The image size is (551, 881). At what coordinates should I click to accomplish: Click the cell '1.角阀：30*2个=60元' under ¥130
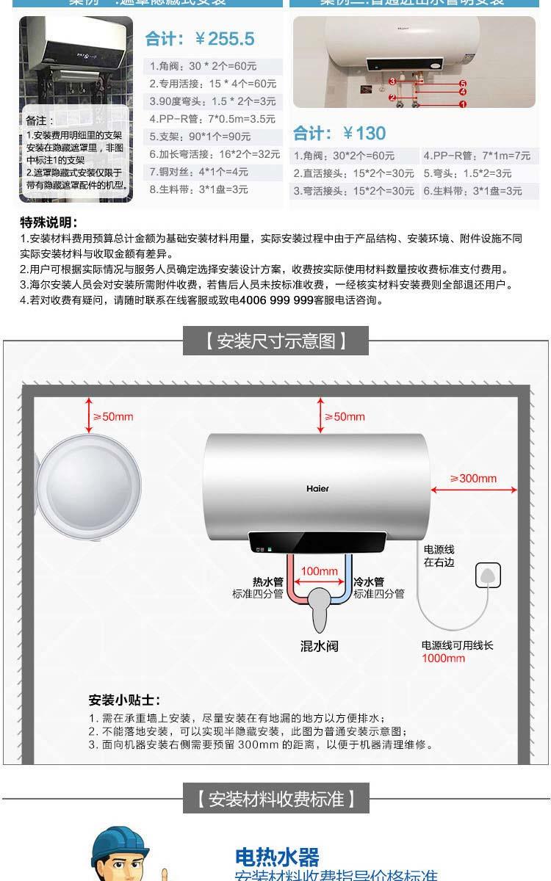pyautogui.click(x=344, y=156)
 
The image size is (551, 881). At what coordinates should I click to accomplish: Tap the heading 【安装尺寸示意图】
pyautogui.click(x=275, y=341)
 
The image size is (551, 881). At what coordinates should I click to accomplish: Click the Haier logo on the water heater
pyautogui.click(x=317, y=489)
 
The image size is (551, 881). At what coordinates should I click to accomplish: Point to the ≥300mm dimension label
pyautogui.click(x=473, y=479)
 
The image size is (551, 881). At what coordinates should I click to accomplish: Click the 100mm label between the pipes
pyautogui.click(x=320, y=571)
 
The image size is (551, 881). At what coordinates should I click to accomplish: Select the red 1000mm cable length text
pyautogui.click(x=443, y=658)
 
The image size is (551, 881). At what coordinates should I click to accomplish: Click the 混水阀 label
pyautogui.click(x=320, y=647)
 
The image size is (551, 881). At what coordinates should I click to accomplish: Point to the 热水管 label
pyautogui.click(x=267, y=581)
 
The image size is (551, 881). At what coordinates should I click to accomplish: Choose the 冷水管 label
pyautogui.click(x=369, y=581)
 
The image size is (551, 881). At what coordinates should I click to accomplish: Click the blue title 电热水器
pyautogui.click(x=277, y=857)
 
